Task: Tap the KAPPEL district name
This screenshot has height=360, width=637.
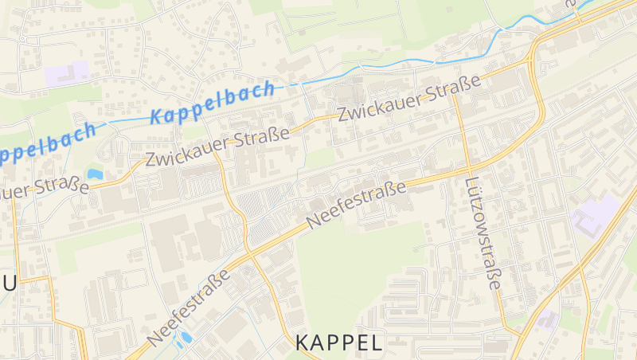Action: pyautogui.click(x=338, y=343)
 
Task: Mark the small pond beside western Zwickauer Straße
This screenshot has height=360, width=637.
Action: pyautogui.click(x=95, y=173)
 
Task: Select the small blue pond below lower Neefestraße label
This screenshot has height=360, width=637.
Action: pyautogui.click(x=186, y=336)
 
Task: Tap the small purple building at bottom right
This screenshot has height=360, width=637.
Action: pyautogui.click(x=547, y=319)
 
